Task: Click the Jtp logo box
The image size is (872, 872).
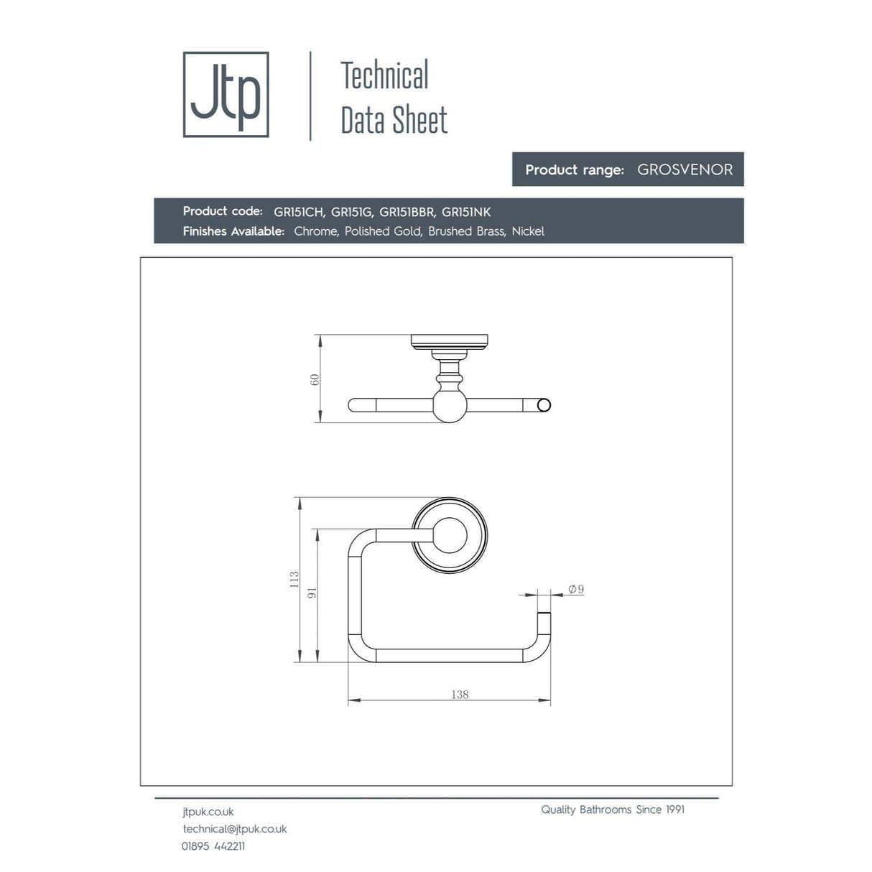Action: click(226, 94)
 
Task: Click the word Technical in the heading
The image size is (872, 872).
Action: click(384, 75)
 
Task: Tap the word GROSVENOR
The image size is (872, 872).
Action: click(685, 170)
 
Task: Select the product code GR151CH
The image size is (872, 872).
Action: click(298, 212)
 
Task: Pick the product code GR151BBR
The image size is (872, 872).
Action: click(407, 212)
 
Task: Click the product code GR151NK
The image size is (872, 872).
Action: click(466, 212)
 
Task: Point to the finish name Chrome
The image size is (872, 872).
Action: click(315, 231)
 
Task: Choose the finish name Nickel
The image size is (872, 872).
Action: click(528, 231)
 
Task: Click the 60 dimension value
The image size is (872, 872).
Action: click(314, 379)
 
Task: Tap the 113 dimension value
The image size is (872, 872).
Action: click(294, 580)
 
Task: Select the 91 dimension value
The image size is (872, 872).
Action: click(312, 593)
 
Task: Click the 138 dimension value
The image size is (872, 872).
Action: click(460, 695)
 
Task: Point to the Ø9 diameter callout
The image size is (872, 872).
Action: click(576, 589)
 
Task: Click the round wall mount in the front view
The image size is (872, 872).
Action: click(450, 535)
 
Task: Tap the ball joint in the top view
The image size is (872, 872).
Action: click(450, 405)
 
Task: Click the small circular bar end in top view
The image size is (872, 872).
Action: click(544, 405)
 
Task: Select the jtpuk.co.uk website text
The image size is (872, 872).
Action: click(208, 812)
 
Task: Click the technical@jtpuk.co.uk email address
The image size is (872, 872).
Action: click(235, 829)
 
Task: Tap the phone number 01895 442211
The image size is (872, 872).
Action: click(213, 846)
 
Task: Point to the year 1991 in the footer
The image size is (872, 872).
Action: click(674, 810)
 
